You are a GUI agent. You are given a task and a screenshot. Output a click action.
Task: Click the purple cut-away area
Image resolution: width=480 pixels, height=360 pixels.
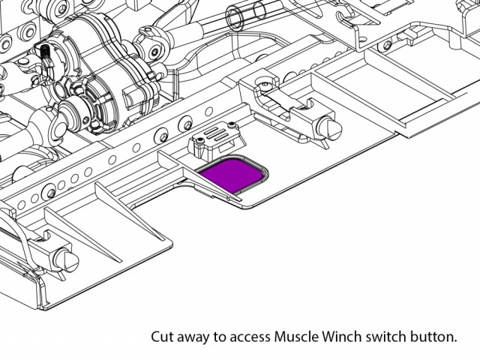pyautogui.click(x=232, y=175)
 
